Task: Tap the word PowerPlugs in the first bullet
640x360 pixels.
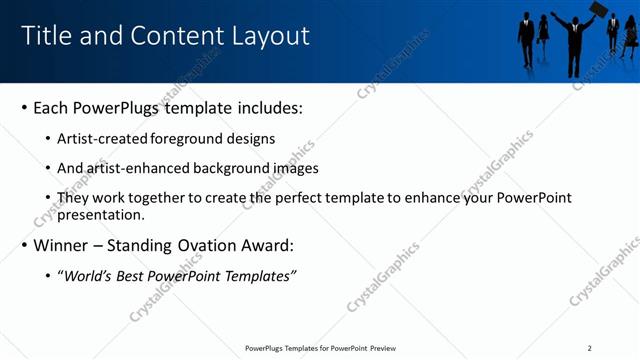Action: pyautogui.click(x=121, y=107)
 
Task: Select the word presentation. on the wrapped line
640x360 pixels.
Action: pyautogui.click(x=100, y=214)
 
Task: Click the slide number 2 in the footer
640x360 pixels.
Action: pyautogui.click(x=589, y=348)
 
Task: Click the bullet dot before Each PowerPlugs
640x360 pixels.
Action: pyautogui.click(x=24, y=108)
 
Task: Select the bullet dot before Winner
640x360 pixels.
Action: pyautogui.click(x=24, y=246)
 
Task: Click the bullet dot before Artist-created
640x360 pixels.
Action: pyautogui.click(x=48, y=139)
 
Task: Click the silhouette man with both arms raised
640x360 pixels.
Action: pyautogui.click(x=574, y=40)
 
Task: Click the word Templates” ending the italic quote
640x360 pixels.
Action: pyautogui.click(x=264, y=276)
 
